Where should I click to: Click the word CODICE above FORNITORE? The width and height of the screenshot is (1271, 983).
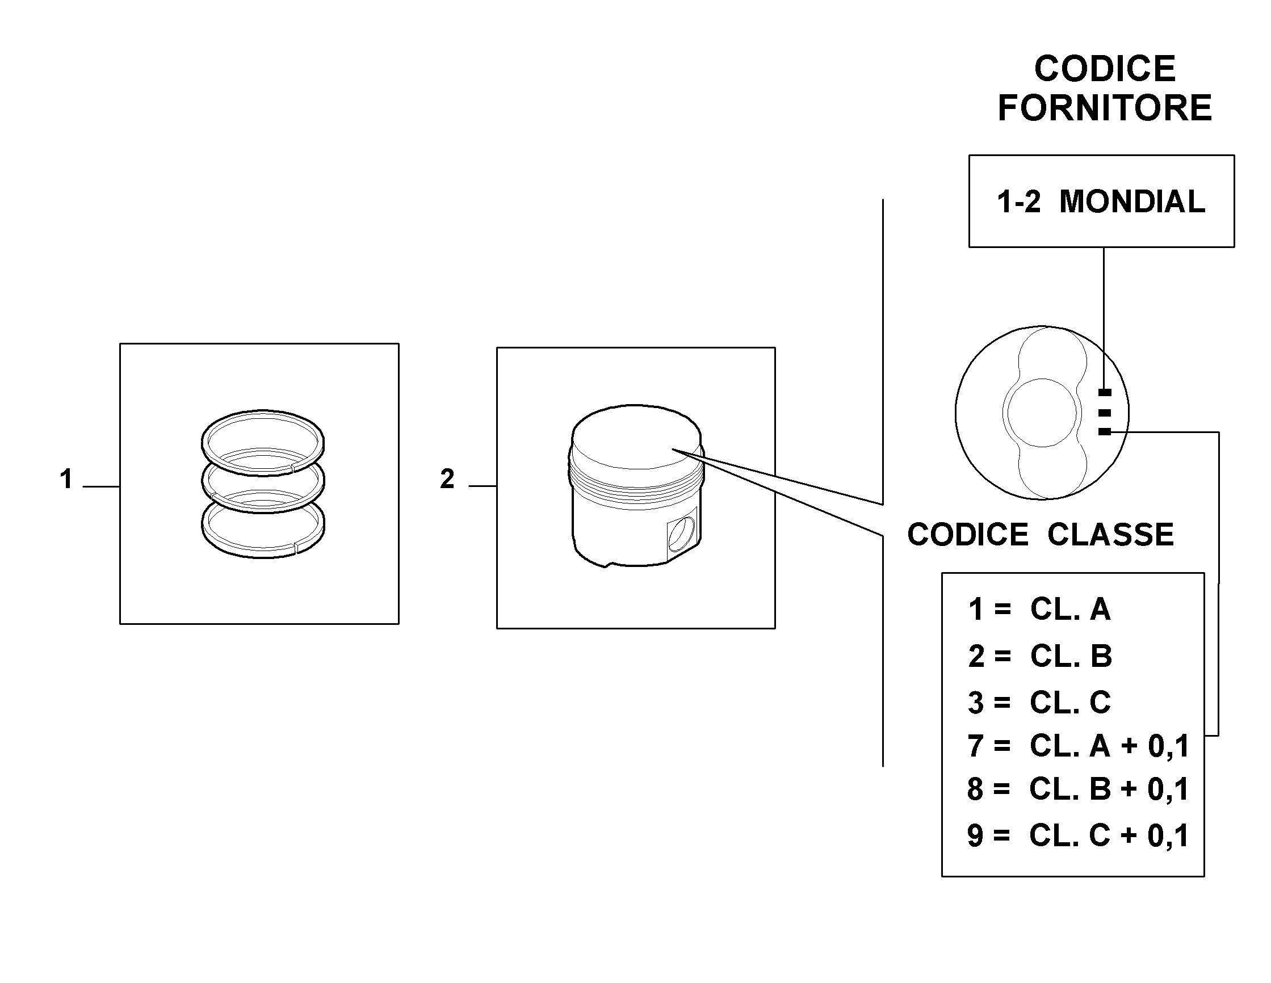click(x=1105, y=69)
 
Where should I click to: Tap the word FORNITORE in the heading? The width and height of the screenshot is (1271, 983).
click(x=1105, y=108)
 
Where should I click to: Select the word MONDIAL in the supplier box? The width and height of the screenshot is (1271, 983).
click(x=1132, y=201)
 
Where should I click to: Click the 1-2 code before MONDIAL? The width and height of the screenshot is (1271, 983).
click(x=1018, y=201)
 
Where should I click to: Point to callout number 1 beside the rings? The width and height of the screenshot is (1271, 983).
click(x=66, y=479)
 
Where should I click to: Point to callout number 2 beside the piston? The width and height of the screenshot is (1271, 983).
click(x=447, y=479)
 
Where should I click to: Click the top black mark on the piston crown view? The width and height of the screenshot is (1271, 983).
click(x=1104, y=392)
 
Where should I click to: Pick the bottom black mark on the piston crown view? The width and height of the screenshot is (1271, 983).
click(x=1104, y=431)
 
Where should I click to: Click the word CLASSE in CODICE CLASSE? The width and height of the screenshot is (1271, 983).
click(x=1110, y=534)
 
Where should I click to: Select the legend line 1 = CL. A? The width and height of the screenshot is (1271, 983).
click(x=1039, y=610)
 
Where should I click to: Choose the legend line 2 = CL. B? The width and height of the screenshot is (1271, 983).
click(x=1040, y=656)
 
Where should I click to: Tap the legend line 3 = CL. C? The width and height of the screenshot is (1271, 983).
click(x=1039, y=702)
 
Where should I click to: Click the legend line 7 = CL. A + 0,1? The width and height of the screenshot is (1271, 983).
click(x=1079, y=746)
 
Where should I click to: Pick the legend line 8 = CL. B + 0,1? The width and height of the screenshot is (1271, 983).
click(x=1078, y=789)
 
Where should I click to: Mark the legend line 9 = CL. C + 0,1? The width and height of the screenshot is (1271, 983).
click(x=1078, y=835)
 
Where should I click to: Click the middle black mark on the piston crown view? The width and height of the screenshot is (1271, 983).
click(x=1104, y=413)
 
